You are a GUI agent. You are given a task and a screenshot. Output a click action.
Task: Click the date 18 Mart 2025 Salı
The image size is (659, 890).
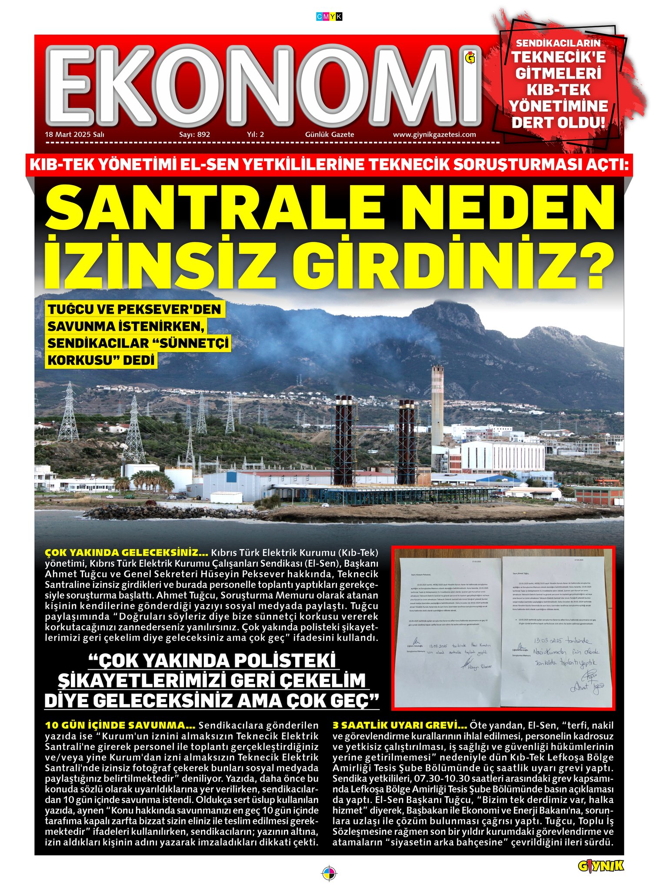point(74,135)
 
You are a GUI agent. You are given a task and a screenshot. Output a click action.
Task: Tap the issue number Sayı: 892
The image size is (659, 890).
point(194,135)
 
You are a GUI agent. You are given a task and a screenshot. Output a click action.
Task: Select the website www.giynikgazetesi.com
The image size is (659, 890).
point(434,135)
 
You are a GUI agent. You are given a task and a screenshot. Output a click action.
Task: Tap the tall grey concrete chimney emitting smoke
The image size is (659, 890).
point(437,404)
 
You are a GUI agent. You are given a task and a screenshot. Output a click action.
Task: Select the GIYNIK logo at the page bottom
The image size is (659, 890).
point(601,867)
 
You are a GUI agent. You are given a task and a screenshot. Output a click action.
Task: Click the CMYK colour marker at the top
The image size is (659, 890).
point(329,17)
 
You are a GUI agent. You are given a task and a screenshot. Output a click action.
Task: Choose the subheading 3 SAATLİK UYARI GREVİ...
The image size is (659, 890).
point(399,725)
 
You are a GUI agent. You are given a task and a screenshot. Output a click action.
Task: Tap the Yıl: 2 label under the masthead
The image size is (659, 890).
point(255,135)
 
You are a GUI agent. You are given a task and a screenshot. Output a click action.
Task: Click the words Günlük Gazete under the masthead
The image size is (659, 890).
point(329,135)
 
